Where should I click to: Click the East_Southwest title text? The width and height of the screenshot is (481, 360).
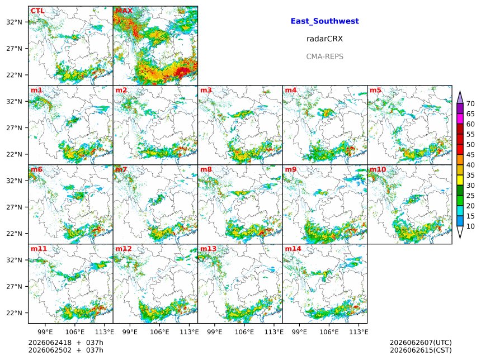click(x=324, y=21)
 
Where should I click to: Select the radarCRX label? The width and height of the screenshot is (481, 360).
click(x=324, y=39)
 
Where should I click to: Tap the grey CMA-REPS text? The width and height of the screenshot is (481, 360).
click(x=324, y=56)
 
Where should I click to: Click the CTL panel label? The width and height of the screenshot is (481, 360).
click(x=37, y=11)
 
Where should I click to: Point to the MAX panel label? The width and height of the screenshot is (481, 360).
click(x=124, y=11)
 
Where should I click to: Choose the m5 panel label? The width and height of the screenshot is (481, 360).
click(x=375, y=90)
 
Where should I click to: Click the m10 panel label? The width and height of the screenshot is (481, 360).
click(x=378, y=169)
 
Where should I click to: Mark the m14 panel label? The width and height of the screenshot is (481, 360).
click(x=293, y=249)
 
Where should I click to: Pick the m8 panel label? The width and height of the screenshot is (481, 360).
click(x=206, y=169)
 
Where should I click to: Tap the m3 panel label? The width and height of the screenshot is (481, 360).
click(x=206, y=90)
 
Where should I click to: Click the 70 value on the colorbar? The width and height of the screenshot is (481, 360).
click(x=470, y=103)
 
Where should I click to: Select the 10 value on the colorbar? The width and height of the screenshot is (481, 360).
click(x=470, y=226)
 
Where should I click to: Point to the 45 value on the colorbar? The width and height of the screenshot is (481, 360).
click(x=470, y=155)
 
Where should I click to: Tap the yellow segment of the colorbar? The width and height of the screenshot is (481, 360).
click(x=460, y=180)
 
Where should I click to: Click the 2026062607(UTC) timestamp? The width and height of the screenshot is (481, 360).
click(x=421, y=343)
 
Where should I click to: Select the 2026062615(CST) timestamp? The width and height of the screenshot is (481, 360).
click(x=421, y=350)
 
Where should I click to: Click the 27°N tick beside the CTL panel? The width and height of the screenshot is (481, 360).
click(x=15, y=49)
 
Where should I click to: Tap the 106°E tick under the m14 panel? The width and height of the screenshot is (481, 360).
click(x=329, y=332)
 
